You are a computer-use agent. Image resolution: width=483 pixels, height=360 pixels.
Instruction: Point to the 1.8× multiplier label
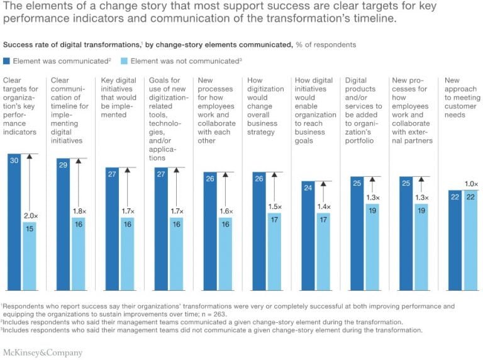(79, 211)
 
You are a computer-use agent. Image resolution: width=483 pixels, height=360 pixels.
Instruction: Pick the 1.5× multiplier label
(274, 206)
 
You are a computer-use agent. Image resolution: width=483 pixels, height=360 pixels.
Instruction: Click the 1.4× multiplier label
(323, 207)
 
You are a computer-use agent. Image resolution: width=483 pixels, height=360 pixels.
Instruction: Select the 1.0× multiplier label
(471, 184)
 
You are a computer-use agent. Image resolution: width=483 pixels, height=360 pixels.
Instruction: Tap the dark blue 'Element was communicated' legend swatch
(7, 62)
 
